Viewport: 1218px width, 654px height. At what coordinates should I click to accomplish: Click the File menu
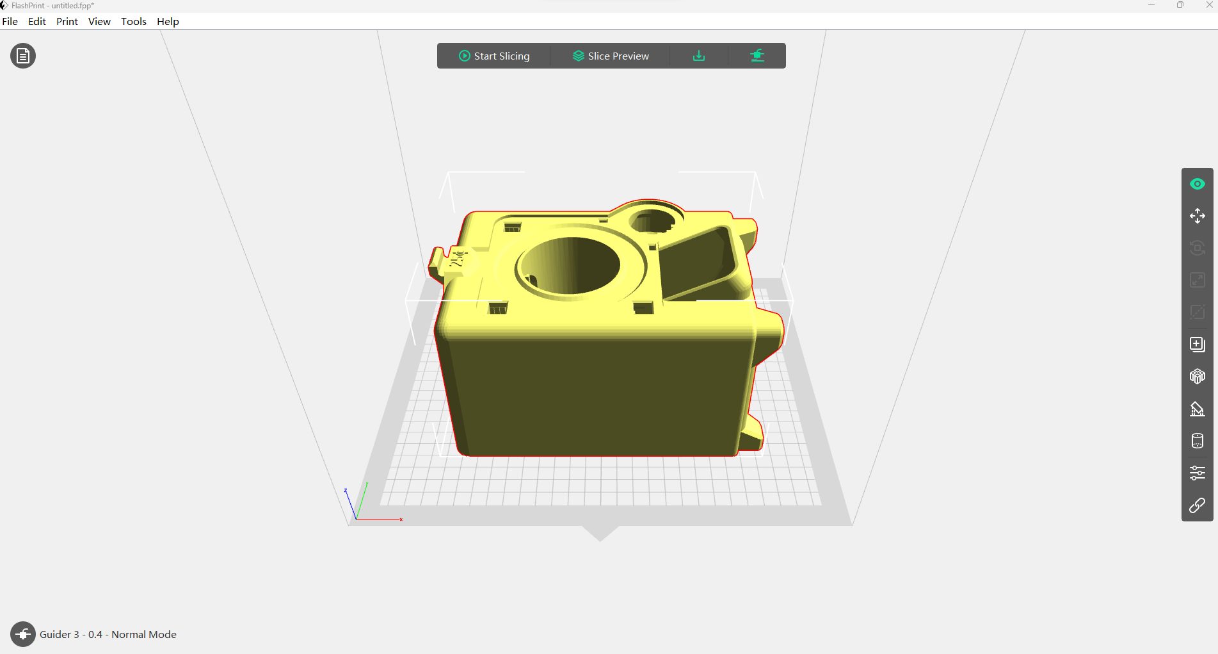pyautogui.click(x=10, y=21)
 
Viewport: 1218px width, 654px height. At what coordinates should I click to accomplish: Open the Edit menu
pyautogui.click(x=37, y=21)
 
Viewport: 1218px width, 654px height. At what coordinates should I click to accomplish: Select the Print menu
pyautogui.click(x=67, y=21)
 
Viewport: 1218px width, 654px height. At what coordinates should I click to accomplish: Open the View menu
pyautogui.click(x=99, y=21)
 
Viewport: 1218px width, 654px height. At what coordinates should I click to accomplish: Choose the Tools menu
pyautogui.click(x=134, y=21)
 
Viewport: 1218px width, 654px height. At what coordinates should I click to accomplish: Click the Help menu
pyautogui.click(x=168, y=21)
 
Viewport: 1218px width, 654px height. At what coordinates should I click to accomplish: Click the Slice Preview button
pyautogui.click(x=611, y=56)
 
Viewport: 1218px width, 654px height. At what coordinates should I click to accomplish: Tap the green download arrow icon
pyautogui.click(x=699, y=56)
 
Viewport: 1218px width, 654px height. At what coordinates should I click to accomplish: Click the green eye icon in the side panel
pyautogui.click(x=1197, y=184)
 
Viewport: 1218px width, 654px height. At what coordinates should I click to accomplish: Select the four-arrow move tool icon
pyautogui.click(x=1197, y=216)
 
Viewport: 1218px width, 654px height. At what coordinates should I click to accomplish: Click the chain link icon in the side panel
pyautogui.click(x=1197, y=505)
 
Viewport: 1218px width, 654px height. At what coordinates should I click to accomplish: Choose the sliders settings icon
pyautogui.click(x=1197, y=473)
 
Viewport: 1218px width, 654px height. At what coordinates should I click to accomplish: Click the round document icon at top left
pyautogui.click(x=23, y=56)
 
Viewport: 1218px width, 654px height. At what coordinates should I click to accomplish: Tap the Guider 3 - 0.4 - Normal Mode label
pyautogui.click(x=108, y=634)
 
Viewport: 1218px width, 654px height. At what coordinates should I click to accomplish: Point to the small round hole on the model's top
pyautogui.click(x=652, y=222)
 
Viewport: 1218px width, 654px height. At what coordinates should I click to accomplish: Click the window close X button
pyautogui.click(x=1209, y=5)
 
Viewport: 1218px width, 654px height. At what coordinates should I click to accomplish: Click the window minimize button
pyautogui.click(x=1151, y=5)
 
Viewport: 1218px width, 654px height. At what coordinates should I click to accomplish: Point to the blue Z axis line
pyautogui.click(x=350, y=505)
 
